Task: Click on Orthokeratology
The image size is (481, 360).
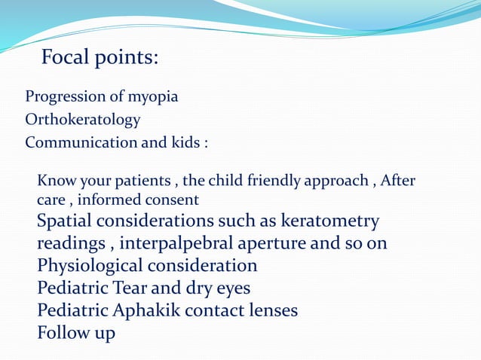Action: click(x=83, y=120)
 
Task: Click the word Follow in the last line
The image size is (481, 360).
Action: click(x=63, y=332)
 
